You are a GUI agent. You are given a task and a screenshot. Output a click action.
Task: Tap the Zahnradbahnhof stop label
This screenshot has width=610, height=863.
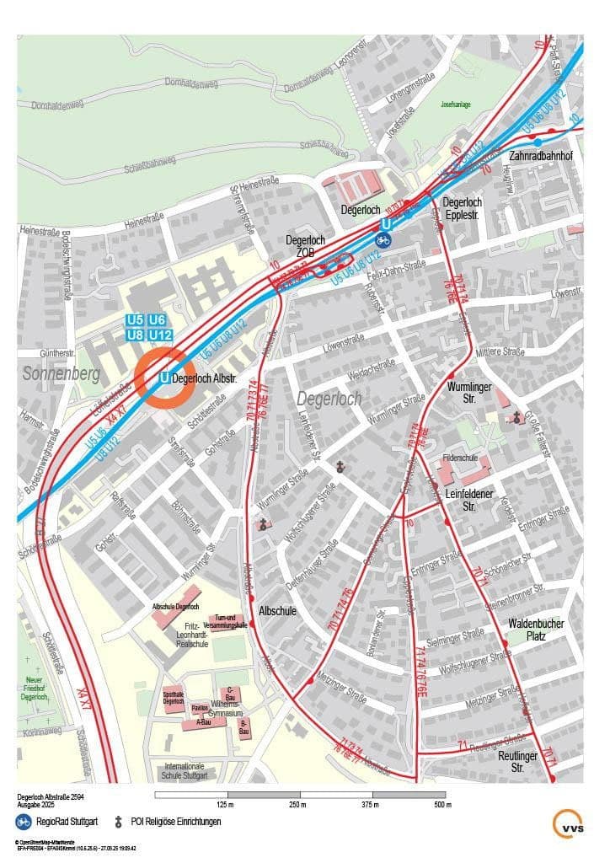click(540, 156)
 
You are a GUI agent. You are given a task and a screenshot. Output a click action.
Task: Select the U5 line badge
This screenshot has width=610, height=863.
click(135, 320)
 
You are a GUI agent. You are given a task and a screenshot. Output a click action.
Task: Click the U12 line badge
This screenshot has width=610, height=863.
click(161, 335)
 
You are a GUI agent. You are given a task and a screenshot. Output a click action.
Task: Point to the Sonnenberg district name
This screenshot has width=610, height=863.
click(62, 373)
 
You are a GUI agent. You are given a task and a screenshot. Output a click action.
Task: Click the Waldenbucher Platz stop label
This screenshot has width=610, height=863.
click(536, 630)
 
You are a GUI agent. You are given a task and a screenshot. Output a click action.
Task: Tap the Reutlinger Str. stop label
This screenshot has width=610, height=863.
click(517, 762)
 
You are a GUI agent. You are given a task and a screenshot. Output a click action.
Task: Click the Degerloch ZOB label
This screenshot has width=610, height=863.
click(305, 246)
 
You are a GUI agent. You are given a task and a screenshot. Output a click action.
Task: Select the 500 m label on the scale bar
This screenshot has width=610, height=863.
click(443, 806)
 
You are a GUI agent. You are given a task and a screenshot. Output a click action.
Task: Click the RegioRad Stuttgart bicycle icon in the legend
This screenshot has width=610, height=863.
click(23, 820)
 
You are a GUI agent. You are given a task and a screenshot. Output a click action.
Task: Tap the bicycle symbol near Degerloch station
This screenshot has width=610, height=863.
click(383, 240)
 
